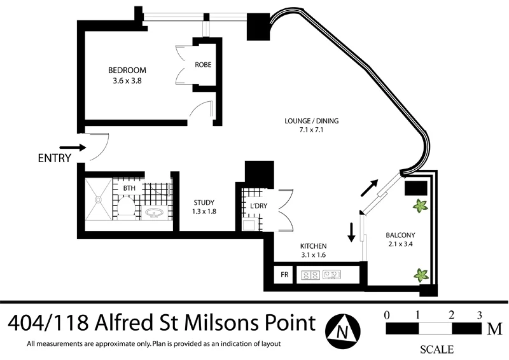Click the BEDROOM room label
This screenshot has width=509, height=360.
(x=127, y=70)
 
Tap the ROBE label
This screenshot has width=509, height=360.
(x=203, y=65)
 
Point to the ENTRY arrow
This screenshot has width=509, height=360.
(x=72, y=147)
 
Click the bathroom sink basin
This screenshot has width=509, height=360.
(x=154, y=212)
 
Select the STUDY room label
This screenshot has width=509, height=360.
(x=204, y=203)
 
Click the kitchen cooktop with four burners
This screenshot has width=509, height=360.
(x=310, y=275)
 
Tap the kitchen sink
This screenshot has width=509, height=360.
(x=333, y=275)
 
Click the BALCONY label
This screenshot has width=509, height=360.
(x=400, y=234)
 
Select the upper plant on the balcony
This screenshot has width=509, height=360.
(x=420, y=205)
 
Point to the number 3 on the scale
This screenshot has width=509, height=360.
(x=479, y=315)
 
